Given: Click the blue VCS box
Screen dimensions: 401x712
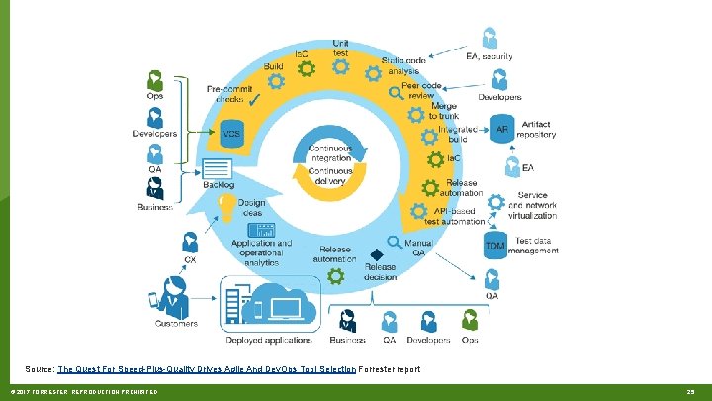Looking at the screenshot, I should tap(231, 133).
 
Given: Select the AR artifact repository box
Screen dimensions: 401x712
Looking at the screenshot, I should tap(501, 129).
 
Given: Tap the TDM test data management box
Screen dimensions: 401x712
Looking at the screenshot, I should tap(495, 245).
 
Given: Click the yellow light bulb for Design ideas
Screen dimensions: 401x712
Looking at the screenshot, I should tap(226, 206).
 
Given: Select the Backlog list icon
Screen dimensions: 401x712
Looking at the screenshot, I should tap(217, 167).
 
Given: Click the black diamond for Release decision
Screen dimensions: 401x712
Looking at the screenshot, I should tap(376, 254).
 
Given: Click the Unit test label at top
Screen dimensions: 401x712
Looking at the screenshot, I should tap(340, 47).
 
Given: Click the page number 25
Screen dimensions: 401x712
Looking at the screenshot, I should tap(691, 392).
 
